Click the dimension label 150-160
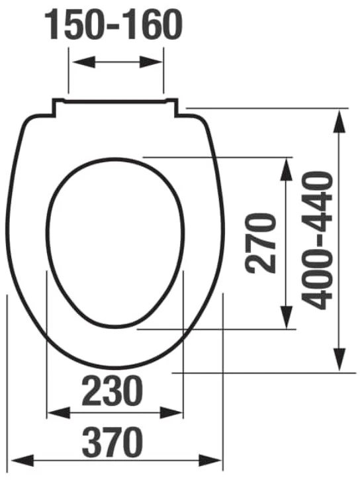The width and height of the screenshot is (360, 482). [x=114, y=24]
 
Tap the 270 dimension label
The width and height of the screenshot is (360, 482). [x=261, y=244]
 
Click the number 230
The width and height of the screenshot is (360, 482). [x=112, y=391]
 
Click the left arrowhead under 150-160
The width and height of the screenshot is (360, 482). [x=83, y=62]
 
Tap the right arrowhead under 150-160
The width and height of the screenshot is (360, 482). [x=150, y=62]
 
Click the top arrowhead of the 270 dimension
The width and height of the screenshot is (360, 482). [x=287, y=169]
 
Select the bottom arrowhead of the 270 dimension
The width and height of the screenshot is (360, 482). [x=287, y=317]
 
